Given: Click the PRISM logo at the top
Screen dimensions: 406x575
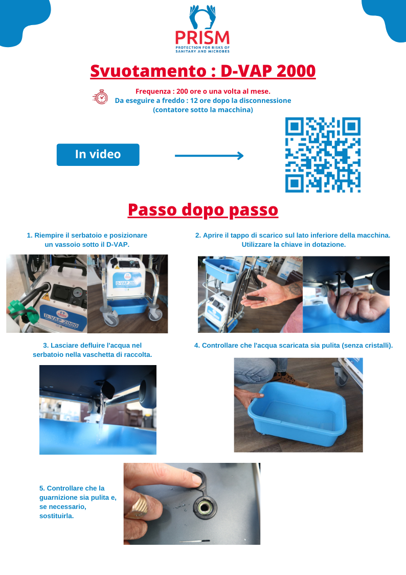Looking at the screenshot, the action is (202, 29).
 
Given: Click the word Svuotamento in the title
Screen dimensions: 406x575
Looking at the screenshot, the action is (149, 71).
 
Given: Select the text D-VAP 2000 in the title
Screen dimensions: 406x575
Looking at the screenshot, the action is (268, 71).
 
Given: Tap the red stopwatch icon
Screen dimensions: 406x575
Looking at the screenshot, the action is (100, 97).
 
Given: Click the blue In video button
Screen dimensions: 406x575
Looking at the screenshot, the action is (98, 155).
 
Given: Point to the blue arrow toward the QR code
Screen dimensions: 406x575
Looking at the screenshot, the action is (209, 156).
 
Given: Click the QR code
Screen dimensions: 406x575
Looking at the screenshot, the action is (323, 155).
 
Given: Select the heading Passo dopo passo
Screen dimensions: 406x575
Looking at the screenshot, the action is (203, 210).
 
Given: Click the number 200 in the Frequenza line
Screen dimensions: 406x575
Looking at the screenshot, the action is (182, 91).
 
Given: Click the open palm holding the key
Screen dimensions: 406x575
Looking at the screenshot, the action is (267, 294).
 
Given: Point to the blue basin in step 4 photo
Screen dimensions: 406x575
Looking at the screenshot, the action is (297, 413).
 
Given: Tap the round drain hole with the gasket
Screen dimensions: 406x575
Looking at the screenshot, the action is (205, 507).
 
